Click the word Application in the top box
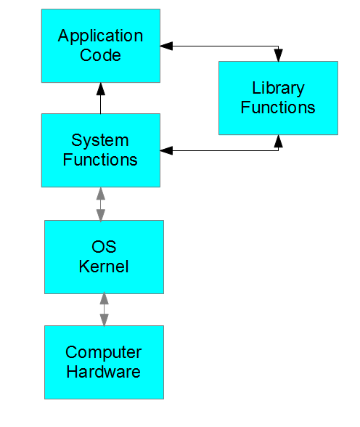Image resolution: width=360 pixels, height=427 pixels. pos(100,36)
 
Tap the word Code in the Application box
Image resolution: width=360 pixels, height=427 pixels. pos(100,54)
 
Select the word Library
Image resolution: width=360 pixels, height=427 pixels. pos(278,89)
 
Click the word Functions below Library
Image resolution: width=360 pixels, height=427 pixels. pos(278,107)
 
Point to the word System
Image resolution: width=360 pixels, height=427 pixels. pos(100,140)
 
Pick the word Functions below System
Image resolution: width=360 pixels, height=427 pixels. pos(100,159)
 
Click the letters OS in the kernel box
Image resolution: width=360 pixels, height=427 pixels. pos(104,248)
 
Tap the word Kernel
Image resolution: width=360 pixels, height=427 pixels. pos(104,267)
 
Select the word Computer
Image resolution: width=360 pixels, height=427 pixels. pos(104,353)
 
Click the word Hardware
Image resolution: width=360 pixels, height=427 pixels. pos(104,372)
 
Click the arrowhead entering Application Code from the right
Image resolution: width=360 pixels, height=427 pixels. pos(167,46)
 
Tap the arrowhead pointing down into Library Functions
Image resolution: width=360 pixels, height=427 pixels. pos(277,55)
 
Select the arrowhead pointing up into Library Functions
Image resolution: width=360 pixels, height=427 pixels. pos(277,141)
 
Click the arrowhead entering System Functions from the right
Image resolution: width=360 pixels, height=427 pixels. pos(167,151)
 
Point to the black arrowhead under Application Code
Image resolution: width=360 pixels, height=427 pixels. pos(101,89)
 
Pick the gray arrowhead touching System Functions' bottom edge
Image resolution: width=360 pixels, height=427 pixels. pos(101,193)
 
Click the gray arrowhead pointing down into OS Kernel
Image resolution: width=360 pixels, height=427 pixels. pos(101,214)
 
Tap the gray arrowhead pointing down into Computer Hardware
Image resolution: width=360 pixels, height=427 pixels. pos(104,319)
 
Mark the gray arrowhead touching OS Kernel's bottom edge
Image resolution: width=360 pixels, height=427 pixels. pos(104,298)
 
